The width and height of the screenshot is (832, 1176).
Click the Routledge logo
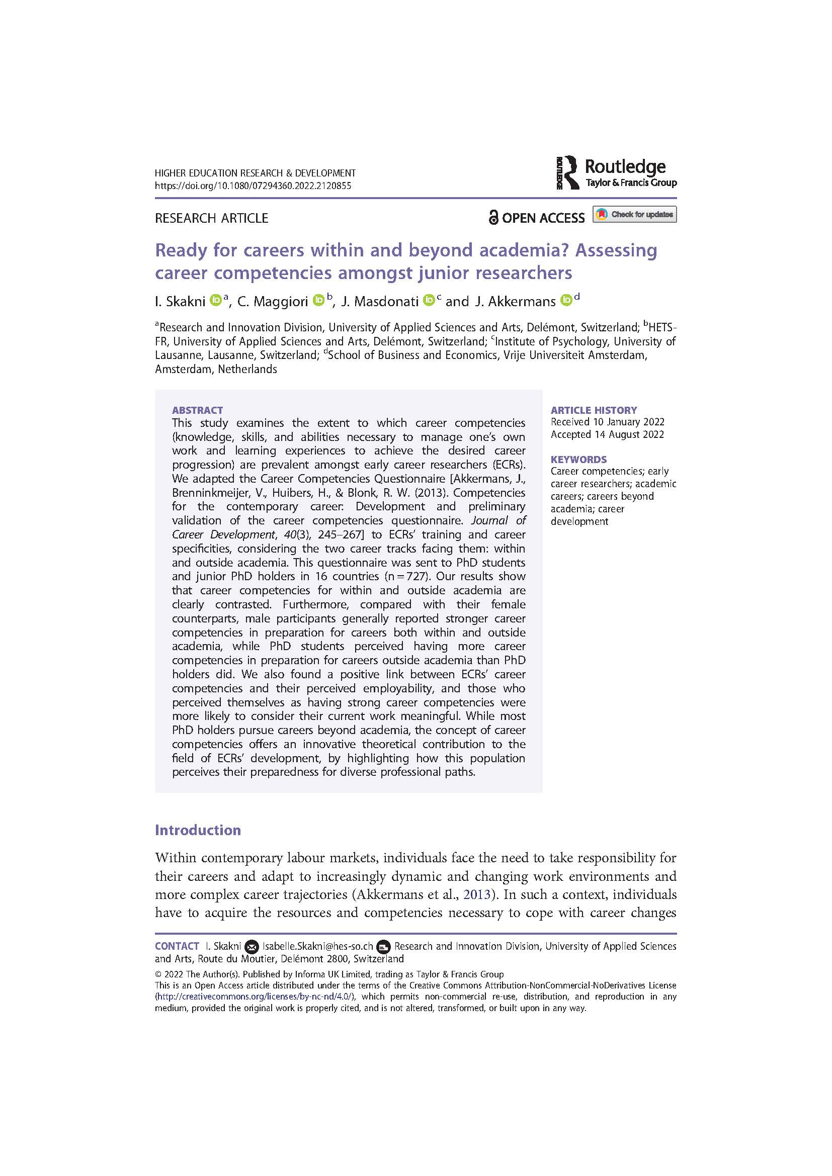coord(616,173)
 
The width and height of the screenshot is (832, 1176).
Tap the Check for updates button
coord(634,214)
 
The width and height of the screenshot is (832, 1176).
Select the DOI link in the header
coord(253,186)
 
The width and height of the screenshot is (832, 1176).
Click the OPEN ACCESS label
coord(536,218)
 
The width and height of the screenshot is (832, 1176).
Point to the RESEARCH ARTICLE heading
coord(212,218)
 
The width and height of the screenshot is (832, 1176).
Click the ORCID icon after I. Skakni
coord(216,301)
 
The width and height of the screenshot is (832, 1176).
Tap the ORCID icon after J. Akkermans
coord(566,301)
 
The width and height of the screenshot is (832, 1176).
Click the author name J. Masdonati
coord(380,302)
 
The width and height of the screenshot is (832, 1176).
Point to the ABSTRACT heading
coord(197,410)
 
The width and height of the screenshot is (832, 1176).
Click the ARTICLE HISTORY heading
coord(594,410)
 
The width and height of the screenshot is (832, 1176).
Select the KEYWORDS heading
coord(578,460)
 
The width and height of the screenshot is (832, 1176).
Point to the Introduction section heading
coord(198,830)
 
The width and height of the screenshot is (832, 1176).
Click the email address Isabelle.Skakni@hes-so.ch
coord(317,947)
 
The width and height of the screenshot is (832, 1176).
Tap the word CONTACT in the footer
coord(177,947)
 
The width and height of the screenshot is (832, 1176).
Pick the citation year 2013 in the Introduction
coord(473,894)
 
